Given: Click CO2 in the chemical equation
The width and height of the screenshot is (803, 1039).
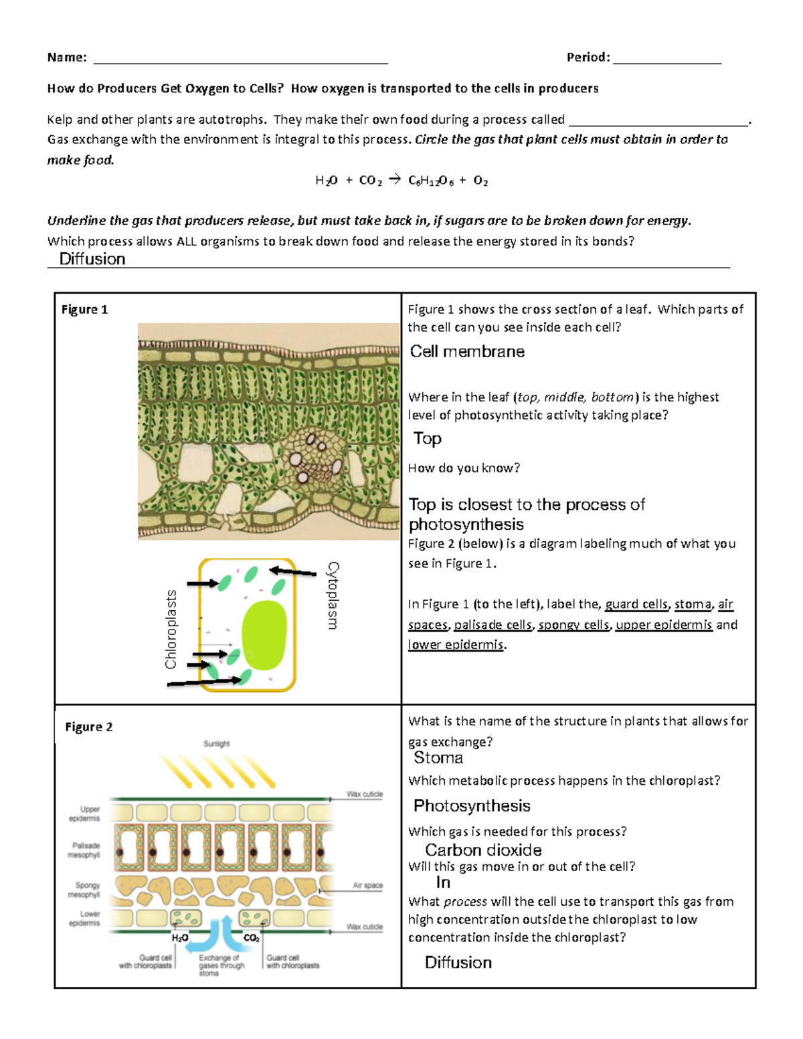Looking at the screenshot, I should coord(370,181).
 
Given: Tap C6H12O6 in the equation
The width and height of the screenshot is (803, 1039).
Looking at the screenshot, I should coord(430,181).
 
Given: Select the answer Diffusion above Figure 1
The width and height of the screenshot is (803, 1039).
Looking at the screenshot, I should coord(92,259).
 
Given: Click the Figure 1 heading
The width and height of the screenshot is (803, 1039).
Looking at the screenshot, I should coord(84,309).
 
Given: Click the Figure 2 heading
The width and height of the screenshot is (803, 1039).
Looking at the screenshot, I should coord(88,727).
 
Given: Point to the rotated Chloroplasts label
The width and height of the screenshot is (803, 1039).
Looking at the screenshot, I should coord(171,629).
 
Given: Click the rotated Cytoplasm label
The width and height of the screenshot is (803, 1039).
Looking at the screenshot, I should coord(333,595).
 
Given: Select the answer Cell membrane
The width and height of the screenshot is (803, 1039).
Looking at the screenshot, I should coord(467,352).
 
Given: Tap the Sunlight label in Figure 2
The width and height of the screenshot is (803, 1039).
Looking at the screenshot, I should coord(216,743).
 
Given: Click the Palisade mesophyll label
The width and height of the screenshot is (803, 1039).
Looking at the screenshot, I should coord(85,850).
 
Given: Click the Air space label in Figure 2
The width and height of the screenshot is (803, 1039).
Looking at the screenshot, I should coord(367,885).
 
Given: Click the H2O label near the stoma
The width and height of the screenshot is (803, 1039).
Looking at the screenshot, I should coord(179,938).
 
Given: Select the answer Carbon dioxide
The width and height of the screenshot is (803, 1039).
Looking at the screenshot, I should coord(483,850).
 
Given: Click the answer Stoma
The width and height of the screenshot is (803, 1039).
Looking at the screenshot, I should coord(438,758).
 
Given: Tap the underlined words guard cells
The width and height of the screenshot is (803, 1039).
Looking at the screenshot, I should coord(636,604).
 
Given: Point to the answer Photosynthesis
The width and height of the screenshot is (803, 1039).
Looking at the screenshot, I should coord(471,806).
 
